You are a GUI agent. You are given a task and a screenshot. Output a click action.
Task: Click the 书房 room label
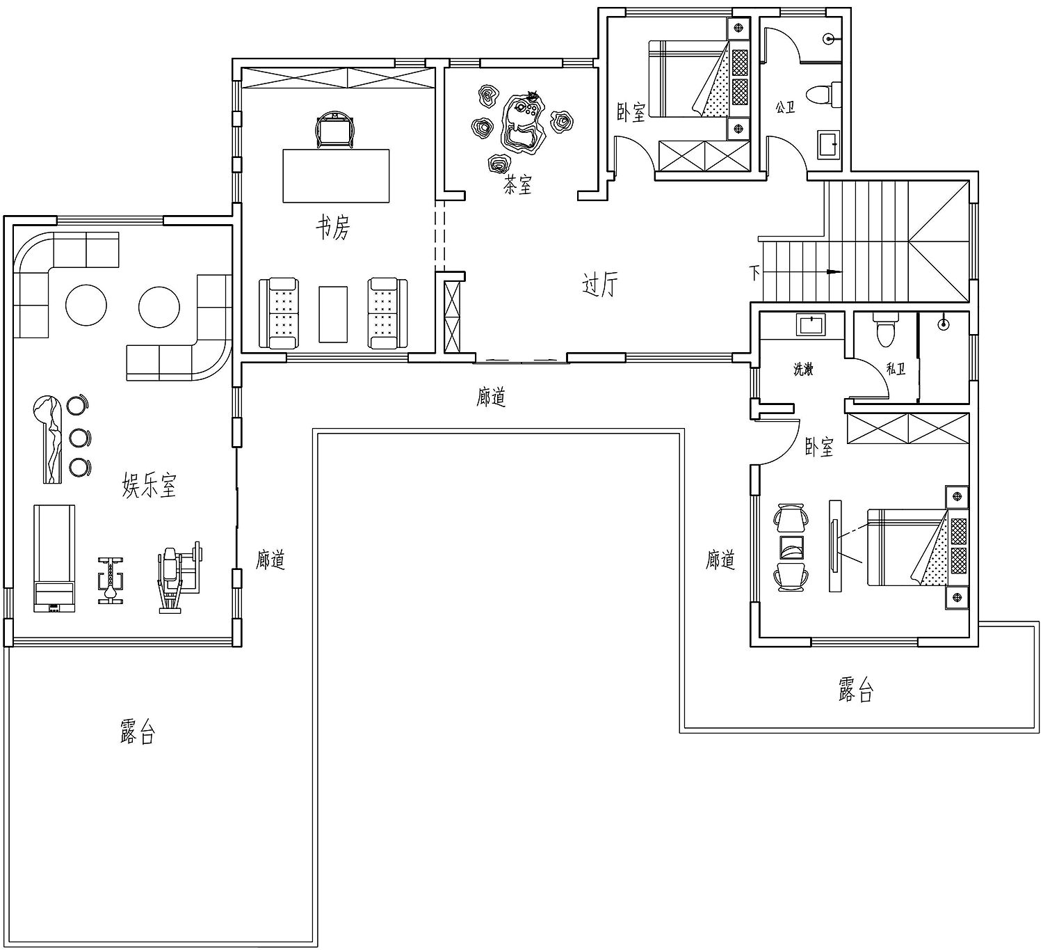point(333,228)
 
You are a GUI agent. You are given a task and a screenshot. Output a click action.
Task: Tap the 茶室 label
point(517,184)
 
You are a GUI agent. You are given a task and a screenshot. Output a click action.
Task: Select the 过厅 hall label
point(600,285)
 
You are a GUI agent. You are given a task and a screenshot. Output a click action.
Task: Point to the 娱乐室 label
point(149,485)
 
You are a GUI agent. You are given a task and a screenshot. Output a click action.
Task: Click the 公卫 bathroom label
point(785,108)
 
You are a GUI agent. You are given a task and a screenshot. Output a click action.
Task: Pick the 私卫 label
point(896,369)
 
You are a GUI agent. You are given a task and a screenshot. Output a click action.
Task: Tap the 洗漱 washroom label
point(803,369)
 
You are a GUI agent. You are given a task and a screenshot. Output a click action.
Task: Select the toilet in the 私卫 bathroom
point(885,329)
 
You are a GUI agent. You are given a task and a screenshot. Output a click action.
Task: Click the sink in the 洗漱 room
point(811,325)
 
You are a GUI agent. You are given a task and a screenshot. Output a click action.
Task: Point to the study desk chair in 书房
point(335,129)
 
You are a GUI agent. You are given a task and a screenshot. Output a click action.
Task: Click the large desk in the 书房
point(336,176)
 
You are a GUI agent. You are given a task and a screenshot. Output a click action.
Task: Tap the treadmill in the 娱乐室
point(54,558)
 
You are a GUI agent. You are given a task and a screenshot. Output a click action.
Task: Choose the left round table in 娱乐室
point(86,305)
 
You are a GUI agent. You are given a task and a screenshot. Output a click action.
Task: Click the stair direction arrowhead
point(834,271)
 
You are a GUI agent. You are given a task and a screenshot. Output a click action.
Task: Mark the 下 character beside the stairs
point(754,272)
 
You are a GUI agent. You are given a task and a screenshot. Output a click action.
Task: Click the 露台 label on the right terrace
point(856,689)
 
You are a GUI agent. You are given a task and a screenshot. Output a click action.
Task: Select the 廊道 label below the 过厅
point(492,397)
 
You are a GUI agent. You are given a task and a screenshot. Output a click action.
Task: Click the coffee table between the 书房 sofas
point(333,314)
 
